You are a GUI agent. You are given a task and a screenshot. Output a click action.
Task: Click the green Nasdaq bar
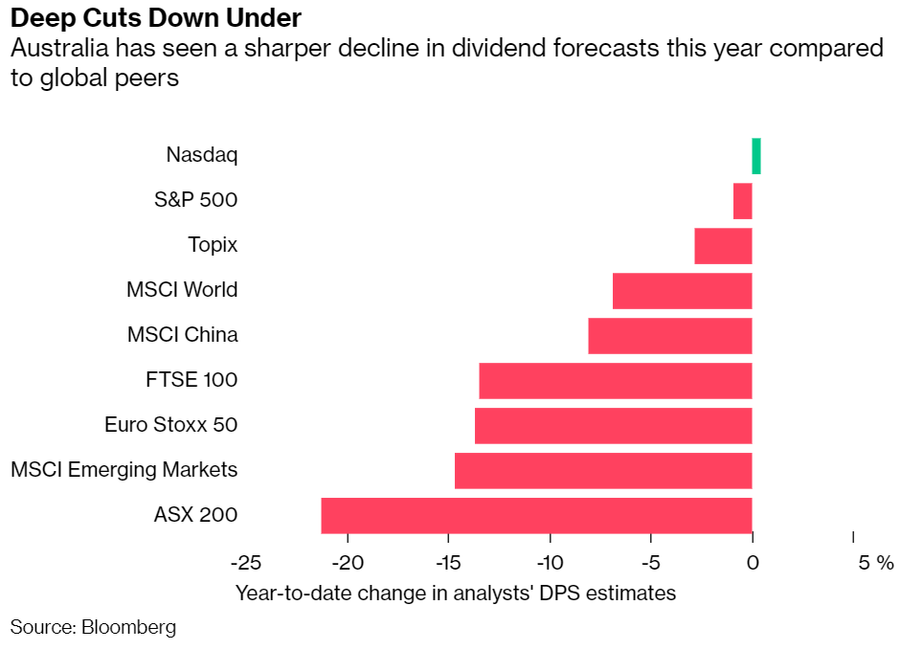click(756, 156)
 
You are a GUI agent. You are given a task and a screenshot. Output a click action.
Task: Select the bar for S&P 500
click(743, 201)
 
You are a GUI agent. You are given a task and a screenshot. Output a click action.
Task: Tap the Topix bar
click(723, 246)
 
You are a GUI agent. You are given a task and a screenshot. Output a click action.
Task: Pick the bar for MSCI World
click(682, 290)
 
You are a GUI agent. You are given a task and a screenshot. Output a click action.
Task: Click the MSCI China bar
click(669, 335)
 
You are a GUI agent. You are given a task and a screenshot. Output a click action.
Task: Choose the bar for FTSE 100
click(615, 380)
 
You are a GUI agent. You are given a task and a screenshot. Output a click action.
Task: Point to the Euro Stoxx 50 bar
click(613, 425)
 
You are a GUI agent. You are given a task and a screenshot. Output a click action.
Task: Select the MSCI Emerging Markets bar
click(603, 470)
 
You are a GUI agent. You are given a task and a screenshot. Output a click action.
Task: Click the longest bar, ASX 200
click(536, 515)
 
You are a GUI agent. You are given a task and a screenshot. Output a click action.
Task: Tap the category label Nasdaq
click(201, 154)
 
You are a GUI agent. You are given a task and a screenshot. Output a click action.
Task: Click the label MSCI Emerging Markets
click(124, 470)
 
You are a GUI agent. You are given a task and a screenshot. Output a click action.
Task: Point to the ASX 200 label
click(195, 515)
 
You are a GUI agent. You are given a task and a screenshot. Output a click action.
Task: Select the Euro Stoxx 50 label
click(170, 425)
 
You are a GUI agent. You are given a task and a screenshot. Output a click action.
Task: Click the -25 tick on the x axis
click(245, 562)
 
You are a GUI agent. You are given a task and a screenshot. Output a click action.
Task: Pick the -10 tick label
click(550, 562)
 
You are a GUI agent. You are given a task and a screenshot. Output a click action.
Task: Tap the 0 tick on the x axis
click(753, 562)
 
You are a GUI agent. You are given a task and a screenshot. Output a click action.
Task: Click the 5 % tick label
click(875, 562)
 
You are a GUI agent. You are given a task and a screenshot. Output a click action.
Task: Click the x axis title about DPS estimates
click(456, 594)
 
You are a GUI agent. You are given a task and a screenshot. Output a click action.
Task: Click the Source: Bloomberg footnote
click(93, 628)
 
